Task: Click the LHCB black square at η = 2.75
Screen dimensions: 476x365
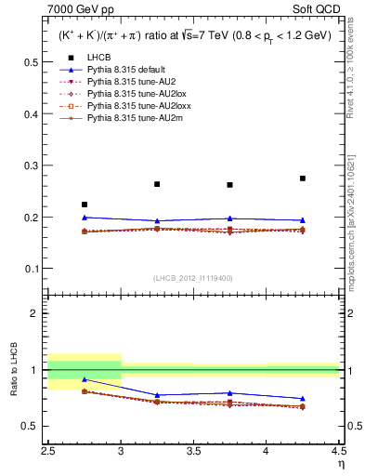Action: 85,205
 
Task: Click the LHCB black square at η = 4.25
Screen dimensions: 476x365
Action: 303,178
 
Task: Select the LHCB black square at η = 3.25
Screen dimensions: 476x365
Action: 157,184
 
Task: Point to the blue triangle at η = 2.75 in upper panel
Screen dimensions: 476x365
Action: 85,218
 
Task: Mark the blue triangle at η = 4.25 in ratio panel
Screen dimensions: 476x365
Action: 303,399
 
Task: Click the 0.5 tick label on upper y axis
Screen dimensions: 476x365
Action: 32,63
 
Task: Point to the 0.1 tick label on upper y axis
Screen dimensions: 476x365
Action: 32,269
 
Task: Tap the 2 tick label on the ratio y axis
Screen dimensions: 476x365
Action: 35,313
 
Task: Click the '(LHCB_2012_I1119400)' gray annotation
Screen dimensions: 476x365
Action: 193,278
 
